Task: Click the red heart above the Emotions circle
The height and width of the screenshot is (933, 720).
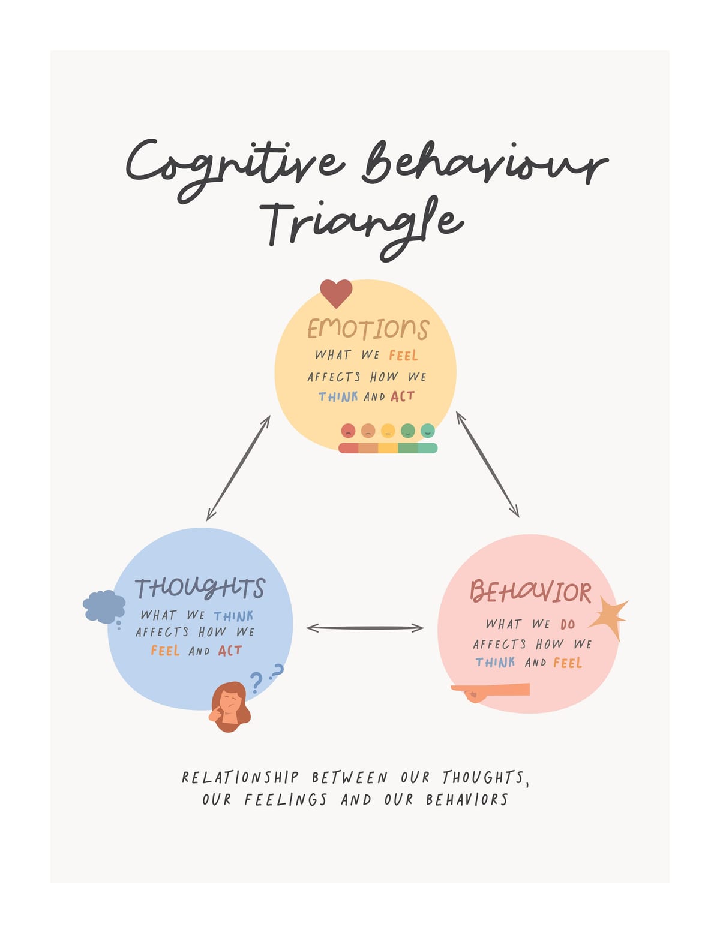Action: pyautogui.click(x=336, y=294)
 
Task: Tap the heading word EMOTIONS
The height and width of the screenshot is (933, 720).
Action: pyautogui.click(x=368, y=329)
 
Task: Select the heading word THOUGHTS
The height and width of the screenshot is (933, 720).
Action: pyautogui.click(x=200, y=588)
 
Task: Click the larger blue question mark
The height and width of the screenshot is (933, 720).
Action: pyautogui.click(x=256, y=682)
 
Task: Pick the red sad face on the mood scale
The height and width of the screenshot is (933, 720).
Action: pyautogui.click(x=348, y=430)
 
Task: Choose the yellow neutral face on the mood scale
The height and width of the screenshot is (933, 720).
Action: pyautogui.click(x=388, y=430)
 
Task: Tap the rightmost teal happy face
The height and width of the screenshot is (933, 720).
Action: pyautogui.click(x=427, y=430)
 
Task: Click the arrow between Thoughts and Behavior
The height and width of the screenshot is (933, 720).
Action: pyautogui.click(x=365, y=628)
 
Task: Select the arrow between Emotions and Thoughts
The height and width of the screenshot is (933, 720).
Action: pyautogui.click(x=238, y=468)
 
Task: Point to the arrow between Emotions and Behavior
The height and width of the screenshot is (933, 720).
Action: pyautogui.click(x=488, y=464)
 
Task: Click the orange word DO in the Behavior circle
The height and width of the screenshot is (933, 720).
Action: pyautogui.click(x=568, y=625)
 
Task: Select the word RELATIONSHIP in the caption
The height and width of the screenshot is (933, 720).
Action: pyautogui.click(x=240, y=778)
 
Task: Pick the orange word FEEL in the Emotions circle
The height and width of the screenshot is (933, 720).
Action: pyautogui.click(x=403, y=356)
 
